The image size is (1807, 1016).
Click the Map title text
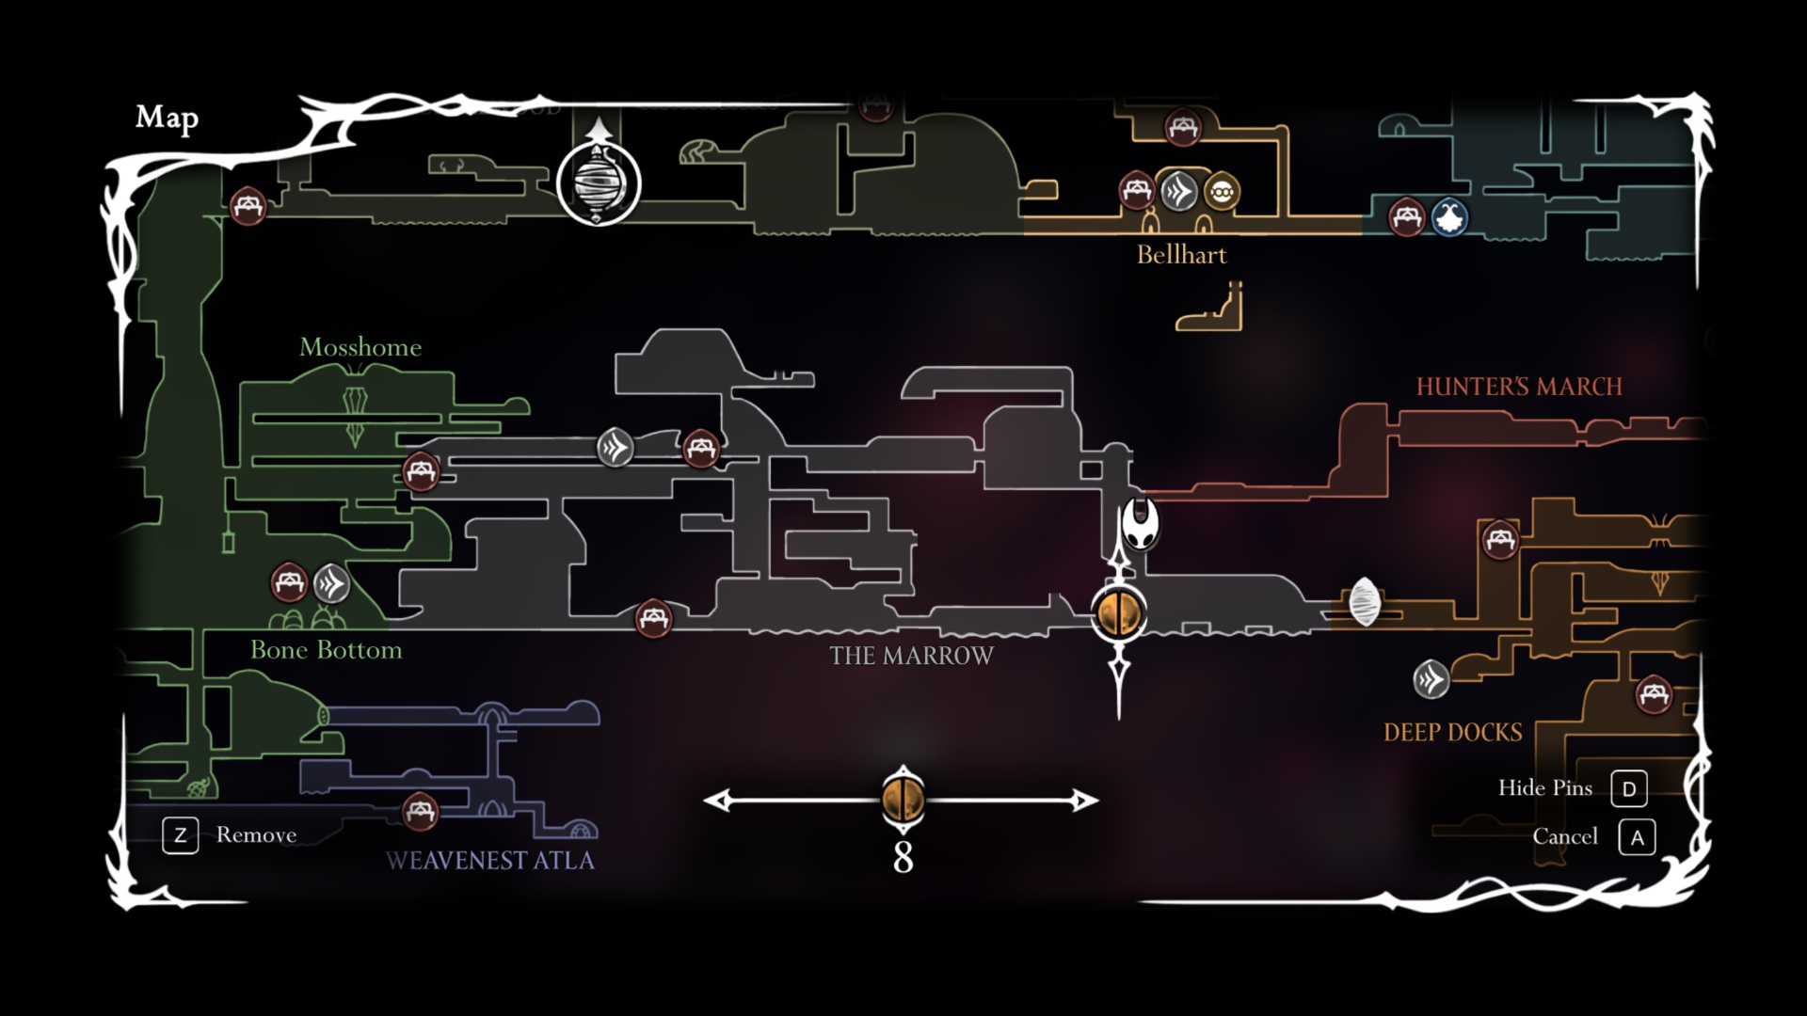(x=167, y=118)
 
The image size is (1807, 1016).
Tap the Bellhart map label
(x=1181, y=255)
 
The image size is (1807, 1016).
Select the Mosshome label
(x=360, y=347)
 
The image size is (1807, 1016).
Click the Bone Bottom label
(x=326, y=650)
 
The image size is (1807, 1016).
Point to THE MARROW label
(x=911, y=656)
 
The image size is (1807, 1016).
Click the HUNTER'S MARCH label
(x=1519, y=387)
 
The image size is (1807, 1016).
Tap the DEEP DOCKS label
(x=1452, y=733)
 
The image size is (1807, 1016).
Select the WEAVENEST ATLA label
(x=489, y=861)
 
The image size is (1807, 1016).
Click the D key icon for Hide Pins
(x=1628, y=789)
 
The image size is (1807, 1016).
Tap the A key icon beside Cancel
(x=1637, y=837)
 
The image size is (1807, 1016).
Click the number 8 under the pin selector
(x=903, y=858)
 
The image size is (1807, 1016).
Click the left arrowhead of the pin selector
(x=718, y=801)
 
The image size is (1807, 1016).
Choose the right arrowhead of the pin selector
(x=1085, y=801)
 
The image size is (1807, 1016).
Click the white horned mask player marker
(x=1140, y=523)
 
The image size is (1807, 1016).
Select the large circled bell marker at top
(x=599, y=183)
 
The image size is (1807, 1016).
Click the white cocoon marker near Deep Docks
(x=1364, y=602)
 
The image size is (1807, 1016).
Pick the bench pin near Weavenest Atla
(x=420, y=811)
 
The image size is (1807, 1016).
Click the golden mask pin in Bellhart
(x=1221, y=192)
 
